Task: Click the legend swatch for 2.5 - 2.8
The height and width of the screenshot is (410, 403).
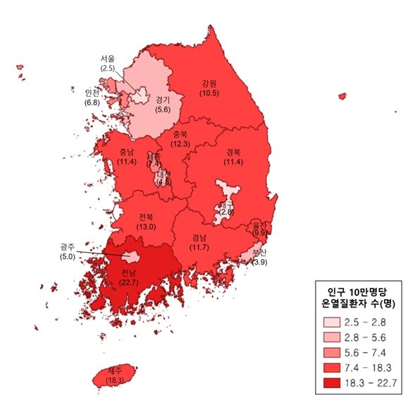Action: (x=330, y=321)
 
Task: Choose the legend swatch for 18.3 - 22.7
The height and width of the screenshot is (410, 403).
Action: (x=330, y=383)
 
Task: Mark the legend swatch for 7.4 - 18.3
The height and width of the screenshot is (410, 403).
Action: (x=330, y=368)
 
